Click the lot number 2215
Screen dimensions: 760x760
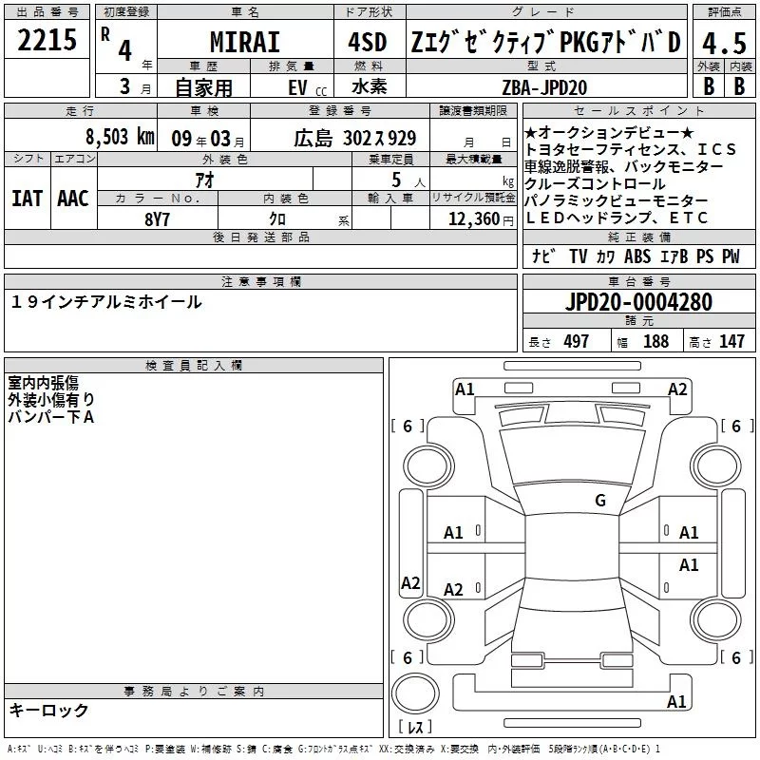[x=47, y=40]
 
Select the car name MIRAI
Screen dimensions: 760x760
[x=245, y=42]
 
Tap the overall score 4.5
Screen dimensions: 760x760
[x=724, y=44]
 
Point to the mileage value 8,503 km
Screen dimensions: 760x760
[x=121, y=137]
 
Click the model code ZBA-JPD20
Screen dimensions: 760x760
[x=544, y=87]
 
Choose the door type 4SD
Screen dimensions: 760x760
[x=368, y=42]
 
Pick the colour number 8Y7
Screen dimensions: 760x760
[x=157, y=219]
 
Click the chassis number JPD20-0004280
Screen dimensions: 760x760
[x=638, y=302]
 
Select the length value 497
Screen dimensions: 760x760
[x=577, y=341]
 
